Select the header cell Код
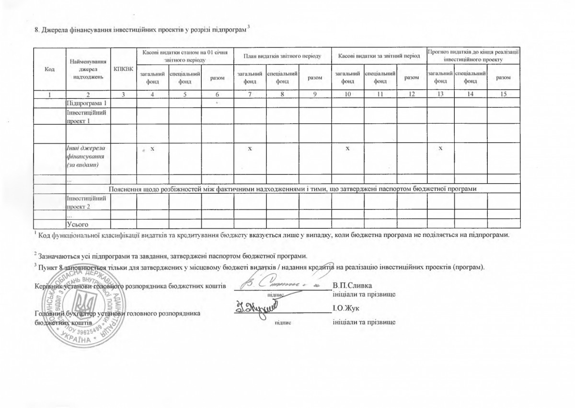coord(49,69)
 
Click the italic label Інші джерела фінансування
coord(86,156)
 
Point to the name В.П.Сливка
coord(351,286)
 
